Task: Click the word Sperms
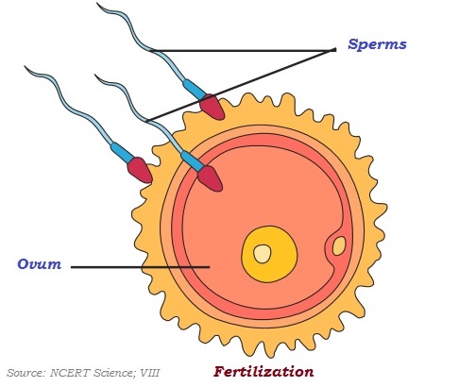tap(377, 44)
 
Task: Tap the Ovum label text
tap(40, 263)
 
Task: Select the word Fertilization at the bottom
tap(262, 370)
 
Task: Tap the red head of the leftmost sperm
tap(141, 170)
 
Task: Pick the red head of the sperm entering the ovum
tap(210, 177)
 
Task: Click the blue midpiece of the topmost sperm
tap(192, 87)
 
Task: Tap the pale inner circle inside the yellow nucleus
tap(262, 253)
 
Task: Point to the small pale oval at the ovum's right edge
tap(339, 245)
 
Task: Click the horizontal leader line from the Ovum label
tap(142, 266)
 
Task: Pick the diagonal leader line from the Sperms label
tap(241, 85)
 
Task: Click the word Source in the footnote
tap(25, 374)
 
